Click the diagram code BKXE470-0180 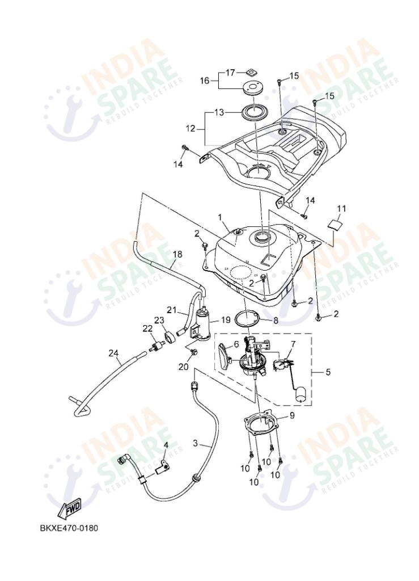(x=69, y=528)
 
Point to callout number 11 (x=341, y=208)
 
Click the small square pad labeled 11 (x=337, y=224)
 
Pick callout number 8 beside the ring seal (x=276, y=320)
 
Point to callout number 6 (x=236, y=344)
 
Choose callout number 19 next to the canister (x=226, y=320)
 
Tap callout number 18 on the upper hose (x=177, y=255)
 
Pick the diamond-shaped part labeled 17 (x=248, y=72)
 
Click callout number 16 (x=204, y=81)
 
